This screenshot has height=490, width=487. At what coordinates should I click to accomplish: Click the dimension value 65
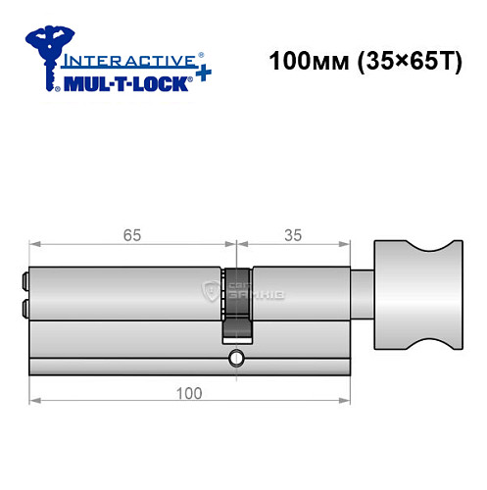coord(130,235)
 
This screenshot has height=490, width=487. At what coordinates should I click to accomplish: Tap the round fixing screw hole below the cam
coord(235,358)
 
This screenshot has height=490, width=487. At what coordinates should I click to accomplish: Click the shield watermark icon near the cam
coord(209,291)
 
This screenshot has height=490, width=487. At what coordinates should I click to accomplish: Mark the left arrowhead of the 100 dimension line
coord(34,400)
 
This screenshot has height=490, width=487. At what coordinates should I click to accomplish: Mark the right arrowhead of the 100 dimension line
coord(348,400)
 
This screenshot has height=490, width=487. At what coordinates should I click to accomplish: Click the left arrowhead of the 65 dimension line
coord(34,245)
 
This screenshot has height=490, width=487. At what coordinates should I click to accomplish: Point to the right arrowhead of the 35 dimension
coord(348,245)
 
